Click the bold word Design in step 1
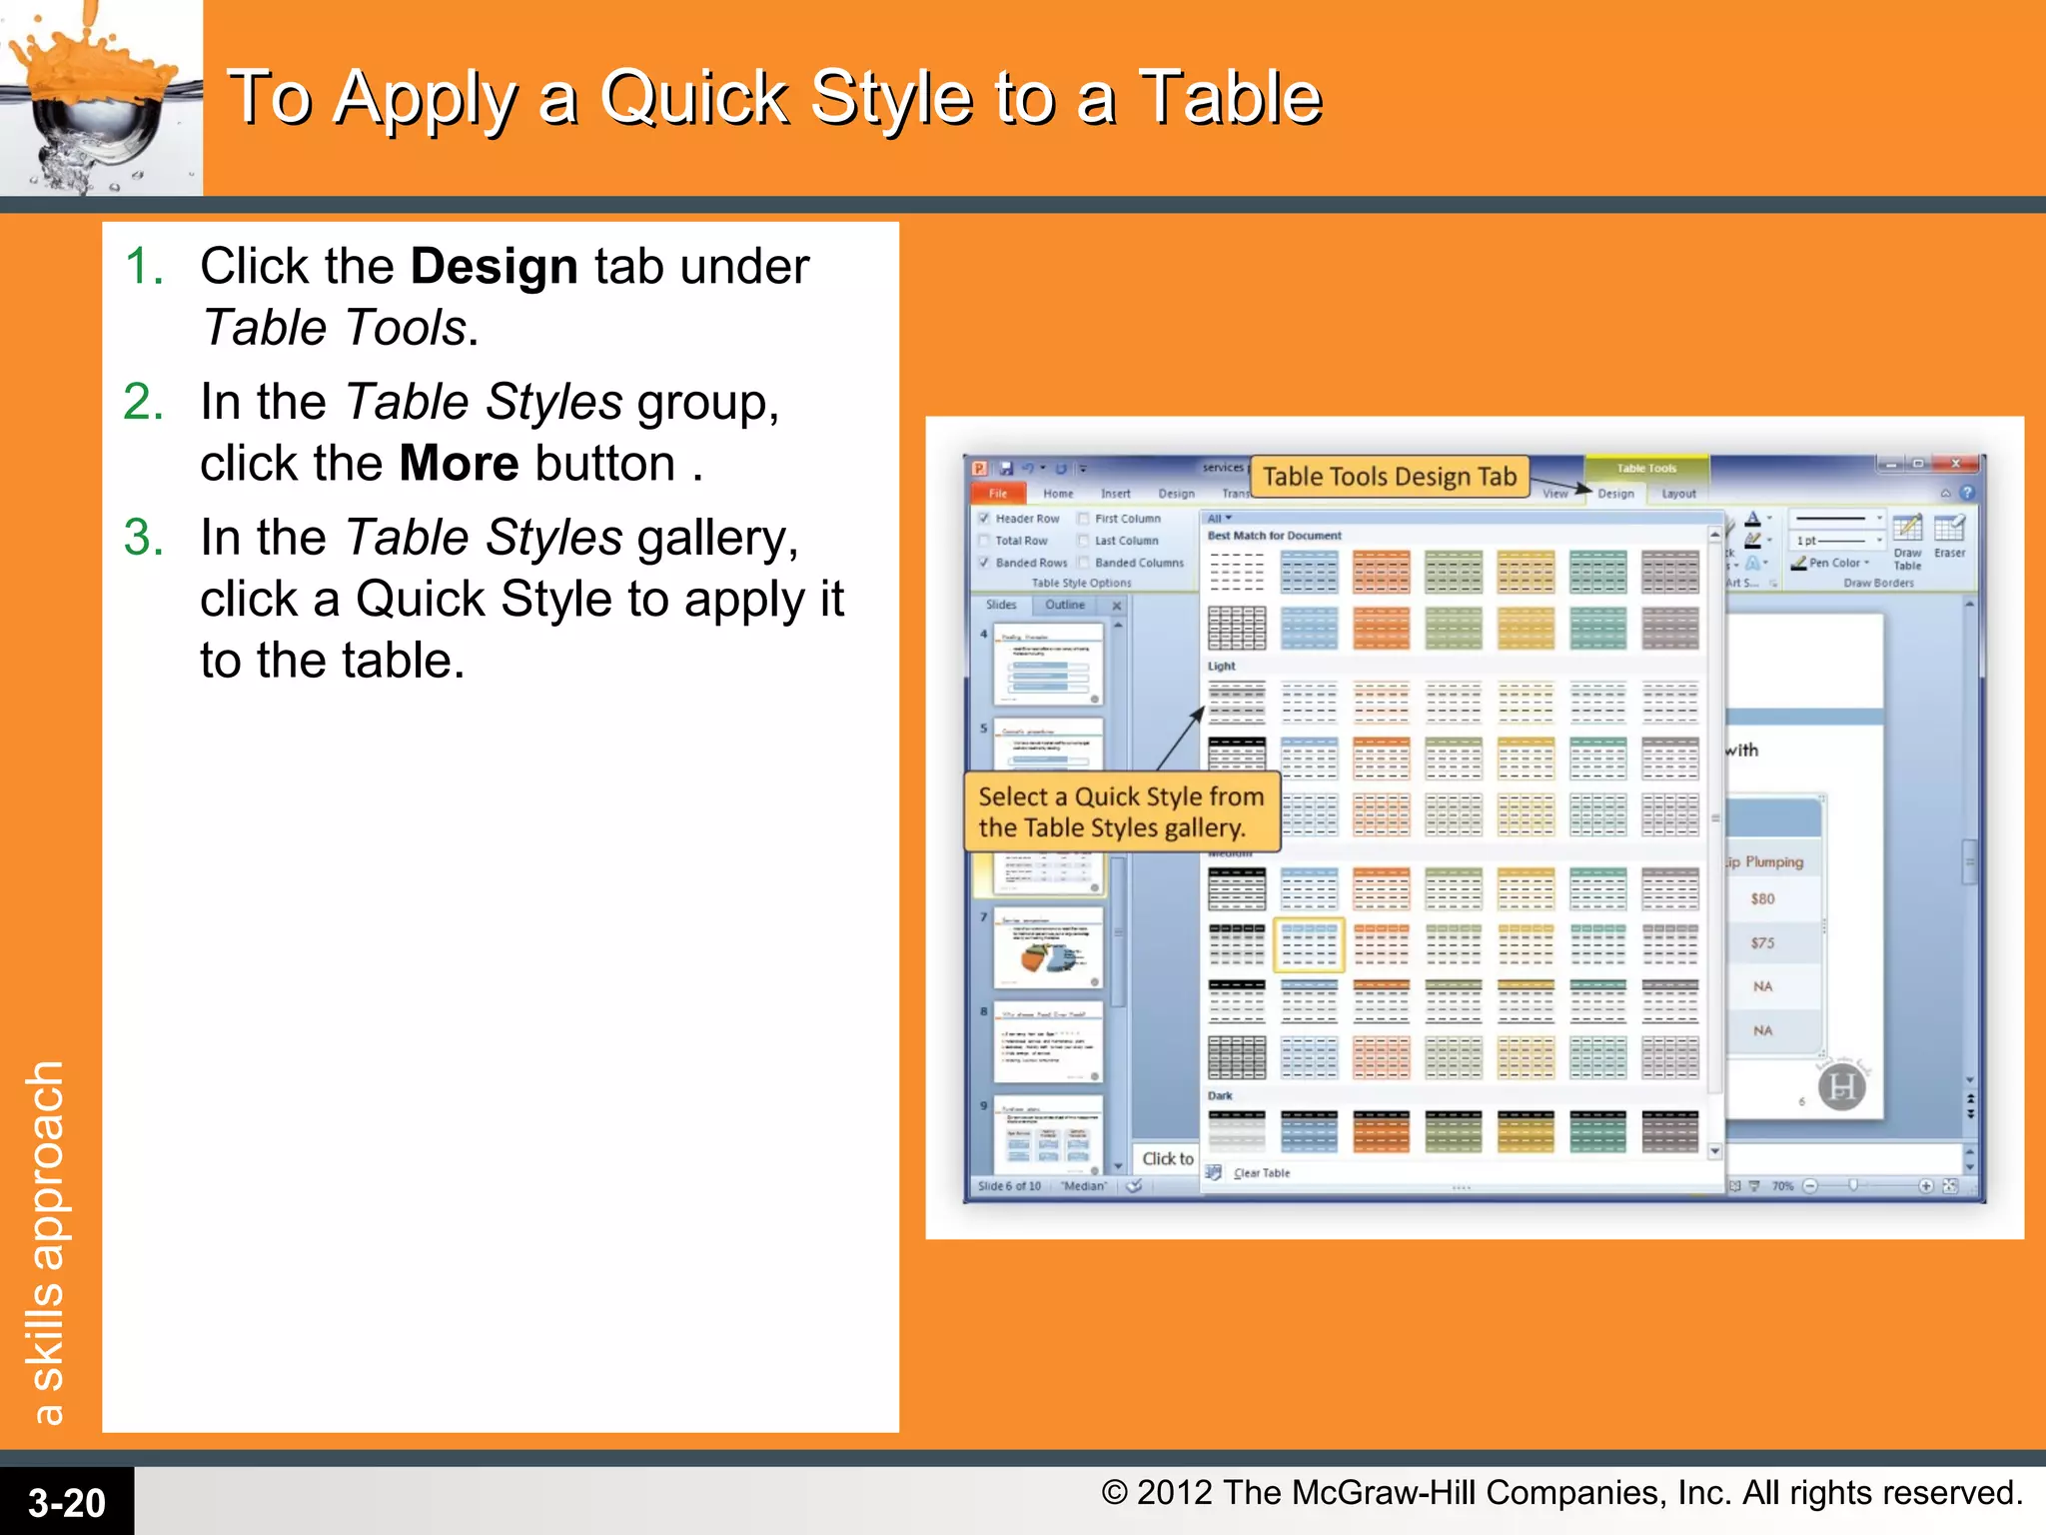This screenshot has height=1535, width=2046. (494, 268)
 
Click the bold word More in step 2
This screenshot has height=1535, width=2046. (459, 465)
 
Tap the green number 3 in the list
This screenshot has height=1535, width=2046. (143, 538)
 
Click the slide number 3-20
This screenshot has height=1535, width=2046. (66, 1502)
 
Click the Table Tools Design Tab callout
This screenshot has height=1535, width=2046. (1389, 477)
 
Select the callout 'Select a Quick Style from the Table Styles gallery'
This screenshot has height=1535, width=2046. (1121, 811)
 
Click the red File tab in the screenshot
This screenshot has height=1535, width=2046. (998, 494)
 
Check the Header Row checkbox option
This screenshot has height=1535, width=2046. (984, 519)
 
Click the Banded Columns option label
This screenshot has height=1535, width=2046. (1138, 563)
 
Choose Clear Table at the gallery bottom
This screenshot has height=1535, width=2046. (1261, 1173)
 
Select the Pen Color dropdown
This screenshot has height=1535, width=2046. (1834, 563)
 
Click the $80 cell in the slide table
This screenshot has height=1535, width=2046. (1762, 898)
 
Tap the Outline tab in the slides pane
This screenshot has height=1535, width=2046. (1064, 605)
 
